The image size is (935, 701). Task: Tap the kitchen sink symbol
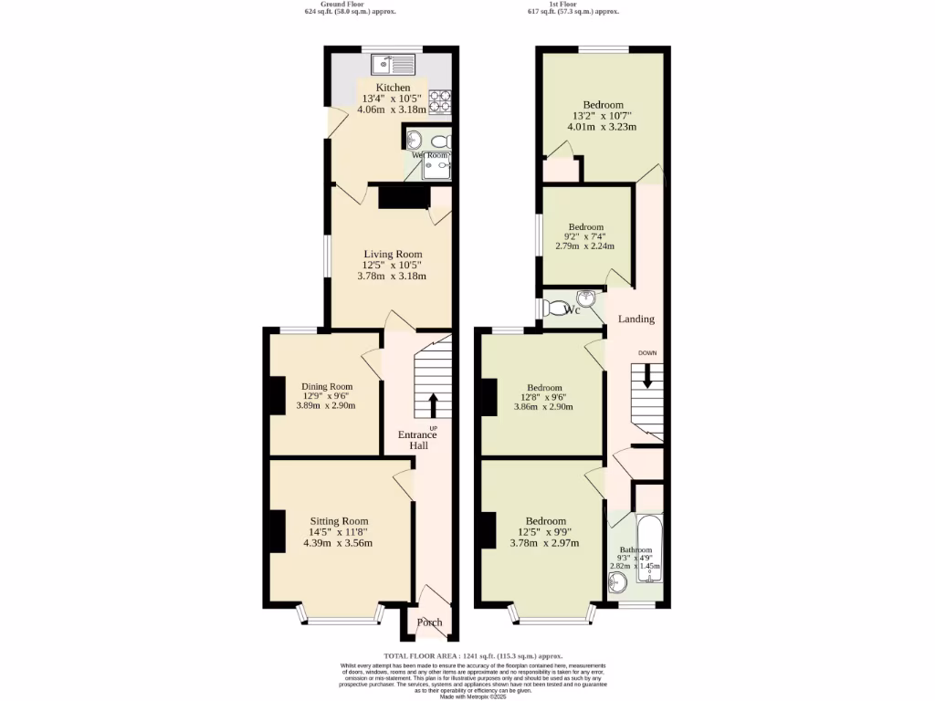click(x=394, y=65)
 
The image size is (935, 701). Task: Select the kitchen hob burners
click(x=441, y=101)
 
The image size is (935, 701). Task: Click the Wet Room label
click(x=428, y=156)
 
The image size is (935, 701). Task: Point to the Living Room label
click(x=393, y=254)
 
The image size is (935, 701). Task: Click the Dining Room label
click(x=327, y=386)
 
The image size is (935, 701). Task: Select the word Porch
click(x=429, y=623)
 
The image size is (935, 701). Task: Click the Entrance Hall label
click(x=417, y=440)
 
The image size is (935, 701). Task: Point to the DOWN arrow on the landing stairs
click(x=647, y=375)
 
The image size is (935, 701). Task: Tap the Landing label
click(x=636, y=319)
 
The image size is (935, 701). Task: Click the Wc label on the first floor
click(x=573, y=310)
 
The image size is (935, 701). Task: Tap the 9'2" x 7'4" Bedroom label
click(x=585, y=227)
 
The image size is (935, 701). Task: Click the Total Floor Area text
click(x=472, y=656)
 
